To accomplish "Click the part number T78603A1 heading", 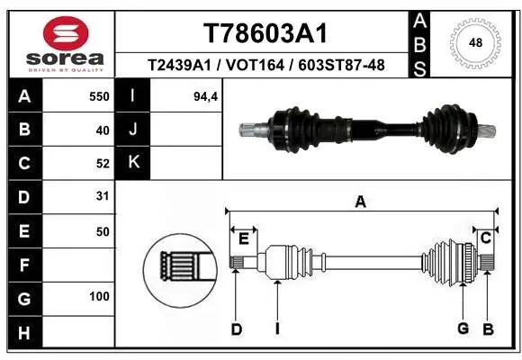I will pos(265,33).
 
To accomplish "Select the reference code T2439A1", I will pos(179,65).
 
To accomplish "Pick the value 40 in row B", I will pos(102,130).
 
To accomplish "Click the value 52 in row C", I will pos(102,164).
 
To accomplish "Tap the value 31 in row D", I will pos(102,196).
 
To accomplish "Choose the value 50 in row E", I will pos(102,230).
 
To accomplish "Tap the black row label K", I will pos(134,163).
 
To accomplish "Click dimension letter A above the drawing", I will pos(360,202).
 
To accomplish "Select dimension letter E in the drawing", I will pos(243,238).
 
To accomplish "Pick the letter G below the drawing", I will pos(463,328).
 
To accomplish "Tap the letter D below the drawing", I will pos(237,329).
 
